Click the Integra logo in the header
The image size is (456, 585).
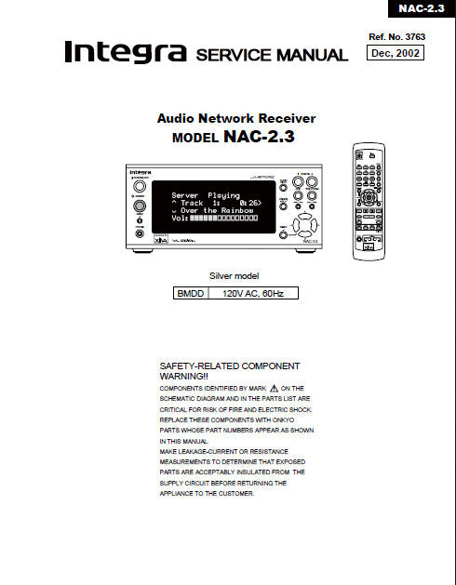coord(126,53)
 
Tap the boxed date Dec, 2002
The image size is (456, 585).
coord(396,53)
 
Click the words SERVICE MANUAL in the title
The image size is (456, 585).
coord(272,55)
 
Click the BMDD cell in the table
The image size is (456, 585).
coord(190,293)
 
